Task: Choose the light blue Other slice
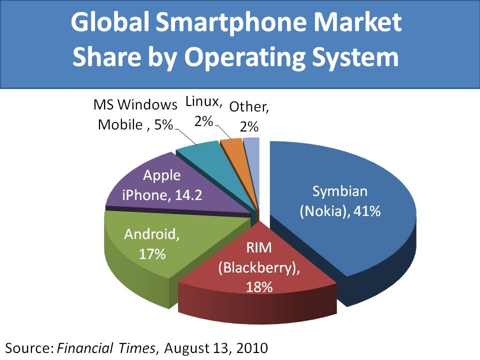(252, 143)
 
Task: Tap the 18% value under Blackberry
(258, 287)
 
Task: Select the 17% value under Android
(152, 253)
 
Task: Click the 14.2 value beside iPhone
(186, 195)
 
